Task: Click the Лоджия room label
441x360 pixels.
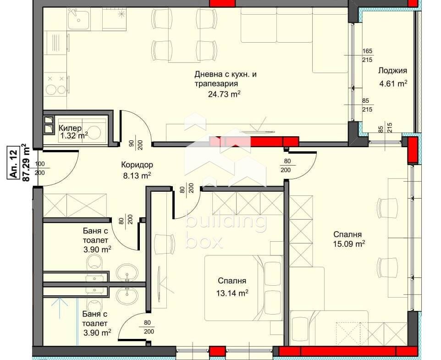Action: (392, 71)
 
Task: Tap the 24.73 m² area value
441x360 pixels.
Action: (224, 94)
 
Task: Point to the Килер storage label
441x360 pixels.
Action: (70, 128)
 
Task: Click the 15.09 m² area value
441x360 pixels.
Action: (349, 244)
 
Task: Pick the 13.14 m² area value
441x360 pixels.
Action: (232, 294)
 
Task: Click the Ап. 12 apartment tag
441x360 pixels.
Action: (13, 163)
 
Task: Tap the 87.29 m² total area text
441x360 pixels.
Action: (26, 163)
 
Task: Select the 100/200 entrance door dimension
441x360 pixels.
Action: (40, 168)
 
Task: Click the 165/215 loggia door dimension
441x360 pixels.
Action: (367, 55)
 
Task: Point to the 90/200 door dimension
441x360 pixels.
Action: (135, 143)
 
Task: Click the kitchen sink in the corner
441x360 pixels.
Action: (79, 19)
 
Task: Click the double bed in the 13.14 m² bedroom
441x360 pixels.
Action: (243, 288)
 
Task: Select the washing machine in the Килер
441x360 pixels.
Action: (95, 131)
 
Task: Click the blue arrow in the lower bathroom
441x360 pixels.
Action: (60, 308)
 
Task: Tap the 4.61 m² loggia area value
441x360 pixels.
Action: (393, 83)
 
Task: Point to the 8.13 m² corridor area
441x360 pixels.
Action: (137, 176)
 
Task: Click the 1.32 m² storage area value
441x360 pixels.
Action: (74, 136)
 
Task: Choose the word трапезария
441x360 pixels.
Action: (216, 84)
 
